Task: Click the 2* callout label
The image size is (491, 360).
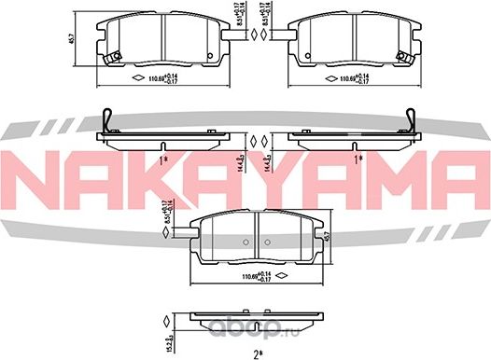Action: [x=256, y=353]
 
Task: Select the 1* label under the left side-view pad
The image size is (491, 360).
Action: [x=164, y=159]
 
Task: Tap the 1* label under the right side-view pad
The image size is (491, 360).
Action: [x=358, y=159]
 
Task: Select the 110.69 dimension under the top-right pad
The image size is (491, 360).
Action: [x=355, y=77]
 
